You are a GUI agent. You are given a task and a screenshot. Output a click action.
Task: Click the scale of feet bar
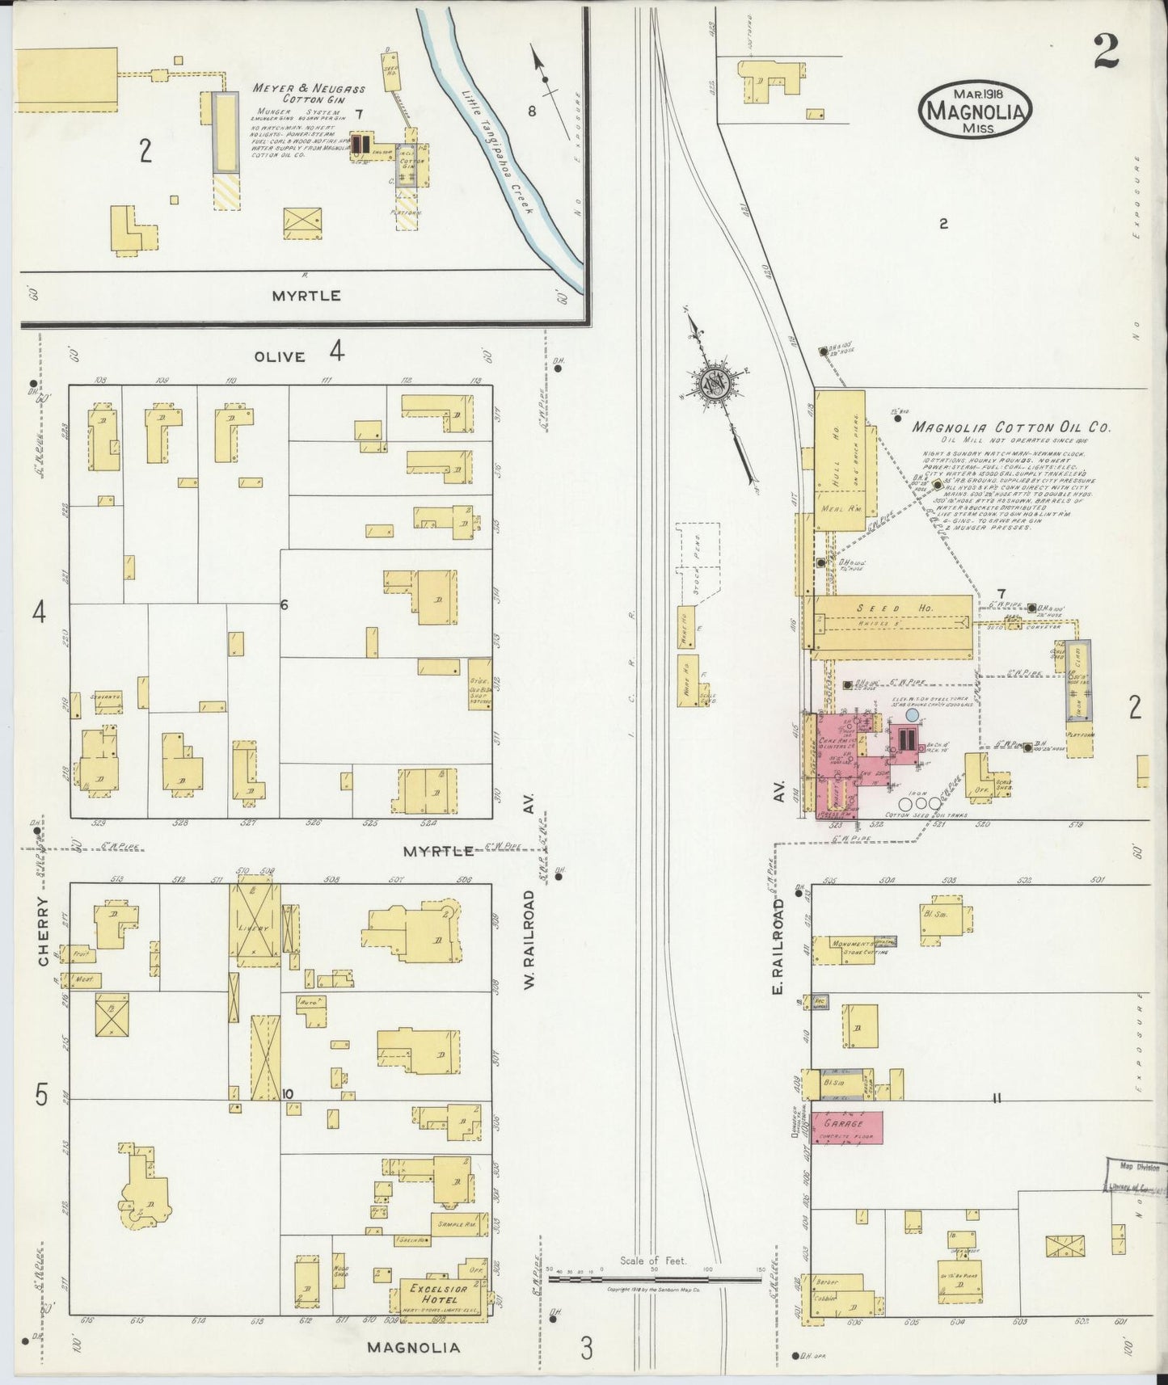pyautogui.click(x=656, y=1279)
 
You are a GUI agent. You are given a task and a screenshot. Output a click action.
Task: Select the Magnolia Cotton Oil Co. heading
pyautogui.click(x=1012, y=428)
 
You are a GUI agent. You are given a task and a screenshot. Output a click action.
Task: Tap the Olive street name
pyautogui.click(x=280, y=356)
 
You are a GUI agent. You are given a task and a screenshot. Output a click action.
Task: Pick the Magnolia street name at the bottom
pyautogui.click(x=414, y=1347)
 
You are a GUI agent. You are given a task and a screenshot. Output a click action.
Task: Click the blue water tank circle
pyautogui.click(x=912, y=715)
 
